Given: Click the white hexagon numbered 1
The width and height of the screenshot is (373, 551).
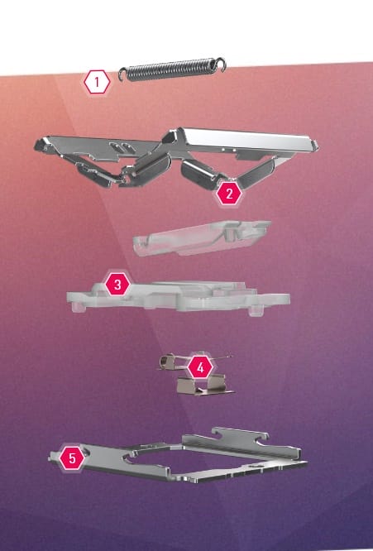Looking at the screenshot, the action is [x=97, y=82].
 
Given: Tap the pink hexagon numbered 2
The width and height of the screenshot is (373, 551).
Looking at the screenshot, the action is [x=229, y=194].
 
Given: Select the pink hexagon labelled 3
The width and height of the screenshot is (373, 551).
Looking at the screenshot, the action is [x=117, y=284].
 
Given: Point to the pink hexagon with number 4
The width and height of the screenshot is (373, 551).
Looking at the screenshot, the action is [x=200, y=367].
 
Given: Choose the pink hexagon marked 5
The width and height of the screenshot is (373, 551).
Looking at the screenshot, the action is [x=72, y=458].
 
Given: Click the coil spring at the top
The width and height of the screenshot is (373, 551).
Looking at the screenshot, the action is [x=172, y=69].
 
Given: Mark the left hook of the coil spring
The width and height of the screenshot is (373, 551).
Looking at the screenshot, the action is [x=122, y=74].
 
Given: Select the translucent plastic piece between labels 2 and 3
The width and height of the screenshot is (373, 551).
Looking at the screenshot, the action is [x=202, y=237].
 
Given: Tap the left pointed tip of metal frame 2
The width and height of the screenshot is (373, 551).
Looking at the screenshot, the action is [x=35, y=143].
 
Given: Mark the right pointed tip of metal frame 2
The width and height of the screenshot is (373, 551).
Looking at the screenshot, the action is [x=318, y=144].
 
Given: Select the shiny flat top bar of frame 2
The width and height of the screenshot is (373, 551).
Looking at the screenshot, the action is [x=246, y=140].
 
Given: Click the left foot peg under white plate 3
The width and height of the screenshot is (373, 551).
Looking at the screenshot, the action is [x=78, y=308].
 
